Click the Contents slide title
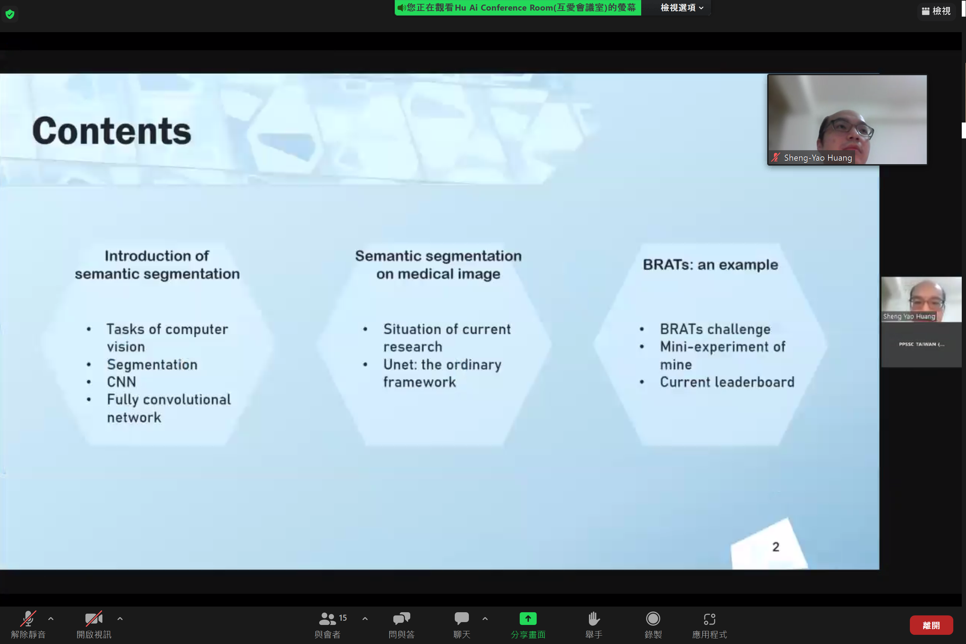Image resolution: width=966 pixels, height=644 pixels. click(112, 131)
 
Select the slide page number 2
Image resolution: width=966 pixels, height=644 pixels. click(775, 547)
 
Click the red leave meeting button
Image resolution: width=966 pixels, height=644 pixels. click(931, 625)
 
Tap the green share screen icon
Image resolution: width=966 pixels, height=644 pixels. click(528, 618)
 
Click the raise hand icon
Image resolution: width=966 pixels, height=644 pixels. click(594, 618)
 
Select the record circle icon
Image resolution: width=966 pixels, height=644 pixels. click(652, 618)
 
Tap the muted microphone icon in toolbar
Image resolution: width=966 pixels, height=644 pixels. click(28, 618)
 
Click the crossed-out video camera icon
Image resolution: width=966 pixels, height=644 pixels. click(94, 618)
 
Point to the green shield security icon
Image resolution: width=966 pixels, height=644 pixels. click(10, 14)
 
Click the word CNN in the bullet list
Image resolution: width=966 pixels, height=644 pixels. click(121, 382)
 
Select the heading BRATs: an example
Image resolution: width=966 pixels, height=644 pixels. click(710, 264)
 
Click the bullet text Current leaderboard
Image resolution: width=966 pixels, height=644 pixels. click(727, 382)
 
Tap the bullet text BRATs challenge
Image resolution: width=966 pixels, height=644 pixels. click(715, 329)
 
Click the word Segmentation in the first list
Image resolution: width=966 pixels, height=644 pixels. click(152, 365)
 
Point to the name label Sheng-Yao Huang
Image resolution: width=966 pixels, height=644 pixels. click(817, 158)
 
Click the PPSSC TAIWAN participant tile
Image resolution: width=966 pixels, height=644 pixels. click(921, 344)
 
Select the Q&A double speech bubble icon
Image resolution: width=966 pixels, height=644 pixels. click(401, 618)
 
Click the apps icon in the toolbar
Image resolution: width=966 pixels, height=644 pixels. click(709, 618)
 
